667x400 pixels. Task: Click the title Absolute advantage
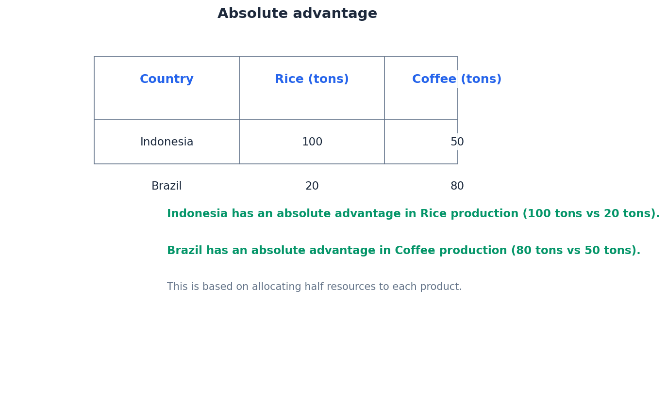point(297,14)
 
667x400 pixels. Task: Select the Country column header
point(167,80)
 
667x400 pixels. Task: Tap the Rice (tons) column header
point(312,80)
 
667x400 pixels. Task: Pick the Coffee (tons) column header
point(456,80)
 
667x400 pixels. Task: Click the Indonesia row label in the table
point(167,142)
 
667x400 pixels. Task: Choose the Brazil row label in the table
point(167,186)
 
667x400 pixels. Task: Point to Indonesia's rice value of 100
point(312,142)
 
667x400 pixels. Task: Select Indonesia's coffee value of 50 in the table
point(457,142)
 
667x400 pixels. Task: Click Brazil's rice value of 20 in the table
point(312,186)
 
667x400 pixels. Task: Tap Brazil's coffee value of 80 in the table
point(457,186)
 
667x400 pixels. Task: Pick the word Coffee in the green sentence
point(411,251)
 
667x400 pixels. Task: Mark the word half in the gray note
point(316,287)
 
